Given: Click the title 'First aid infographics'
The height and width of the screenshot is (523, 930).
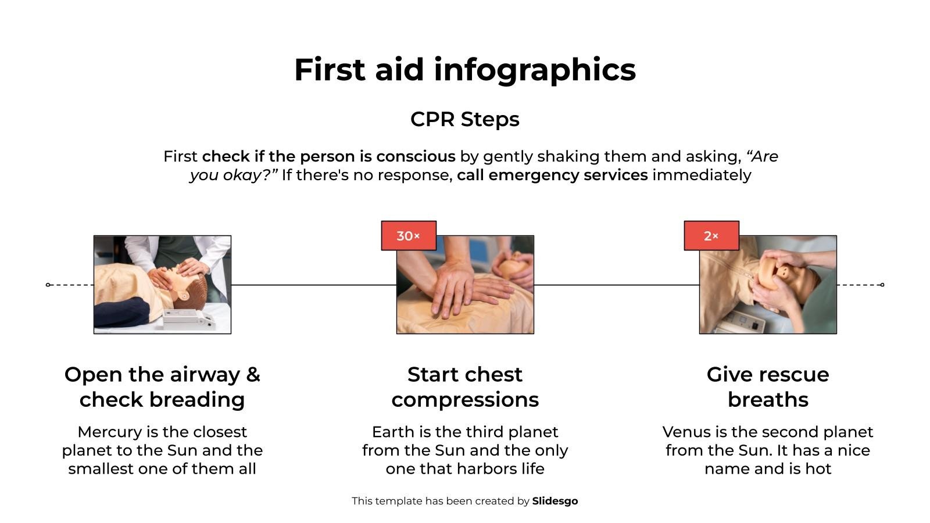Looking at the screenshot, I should (x=465, y=70).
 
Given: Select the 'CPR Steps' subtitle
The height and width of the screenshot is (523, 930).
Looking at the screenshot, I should (x=465, y=119).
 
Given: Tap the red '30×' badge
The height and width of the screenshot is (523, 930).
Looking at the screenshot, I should (x=409, y=236).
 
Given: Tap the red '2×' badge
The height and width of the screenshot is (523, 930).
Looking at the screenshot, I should (x=711, y=236).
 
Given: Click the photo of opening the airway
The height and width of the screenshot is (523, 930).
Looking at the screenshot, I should (x=162, y=285).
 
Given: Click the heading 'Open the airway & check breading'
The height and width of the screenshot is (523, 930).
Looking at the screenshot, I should (x=162, y=387).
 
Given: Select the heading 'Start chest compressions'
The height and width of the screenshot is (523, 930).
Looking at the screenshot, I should (x=465, y=387).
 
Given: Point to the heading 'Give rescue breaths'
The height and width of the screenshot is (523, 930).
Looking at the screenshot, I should (x=768, y=387).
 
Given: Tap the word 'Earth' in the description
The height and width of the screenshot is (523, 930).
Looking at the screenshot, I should (x=392, y=432).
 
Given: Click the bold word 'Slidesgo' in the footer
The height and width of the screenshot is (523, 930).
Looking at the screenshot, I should (x=555, y=501).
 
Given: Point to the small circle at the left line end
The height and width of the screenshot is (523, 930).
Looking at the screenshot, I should (x=48, y=285).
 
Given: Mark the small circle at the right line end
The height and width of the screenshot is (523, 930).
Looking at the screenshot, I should (x=882, y=285).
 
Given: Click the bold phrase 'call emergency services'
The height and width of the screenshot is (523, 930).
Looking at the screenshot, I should (x=552, y=175).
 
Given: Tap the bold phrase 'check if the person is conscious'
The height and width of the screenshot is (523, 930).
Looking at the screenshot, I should (x=328, y=156).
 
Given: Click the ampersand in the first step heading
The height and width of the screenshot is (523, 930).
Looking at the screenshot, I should (x=253, y=375).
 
